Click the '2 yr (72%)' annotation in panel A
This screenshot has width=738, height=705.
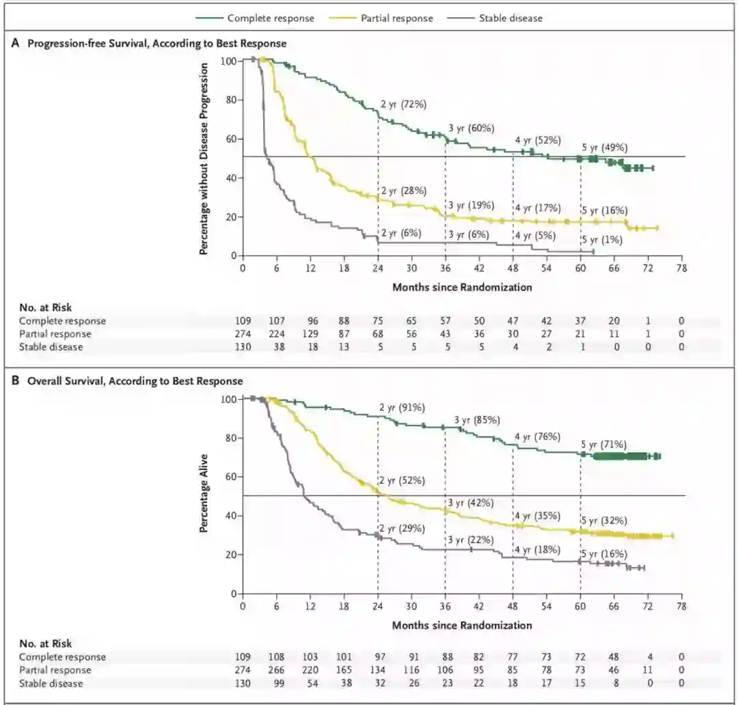point(403,105)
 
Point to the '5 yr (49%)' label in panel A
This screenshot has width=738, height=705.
point(605,148)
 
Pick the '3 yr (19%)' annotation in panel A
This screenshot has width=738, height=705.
point(471,205)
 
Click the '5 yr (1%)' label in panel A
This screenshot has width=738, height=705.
point(602,239)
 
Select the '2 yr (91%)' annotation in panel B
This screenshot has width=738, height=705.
point(402,408)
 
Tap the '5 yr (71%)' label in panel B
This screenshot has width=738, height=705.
point(605,444)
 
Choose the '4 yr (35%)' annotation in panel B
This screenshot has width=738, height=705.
point(538,515)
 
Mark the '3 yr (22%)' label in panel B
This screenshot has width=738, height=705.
point(471,540)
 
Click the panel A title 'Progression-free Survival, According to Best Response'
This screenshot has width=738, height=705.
point(156,43)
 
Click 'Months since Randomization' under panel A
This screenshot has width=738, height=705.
point(462,288)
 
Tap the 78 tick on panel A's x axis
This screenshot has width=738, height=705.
point(681,268)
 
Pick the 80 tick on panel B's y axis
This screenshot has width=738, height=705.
point(230,438)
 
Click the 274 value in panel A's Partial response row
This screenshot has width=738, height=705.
point(243,334)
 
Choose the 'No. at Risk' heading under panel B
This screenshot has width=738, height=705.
point(45,644)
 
